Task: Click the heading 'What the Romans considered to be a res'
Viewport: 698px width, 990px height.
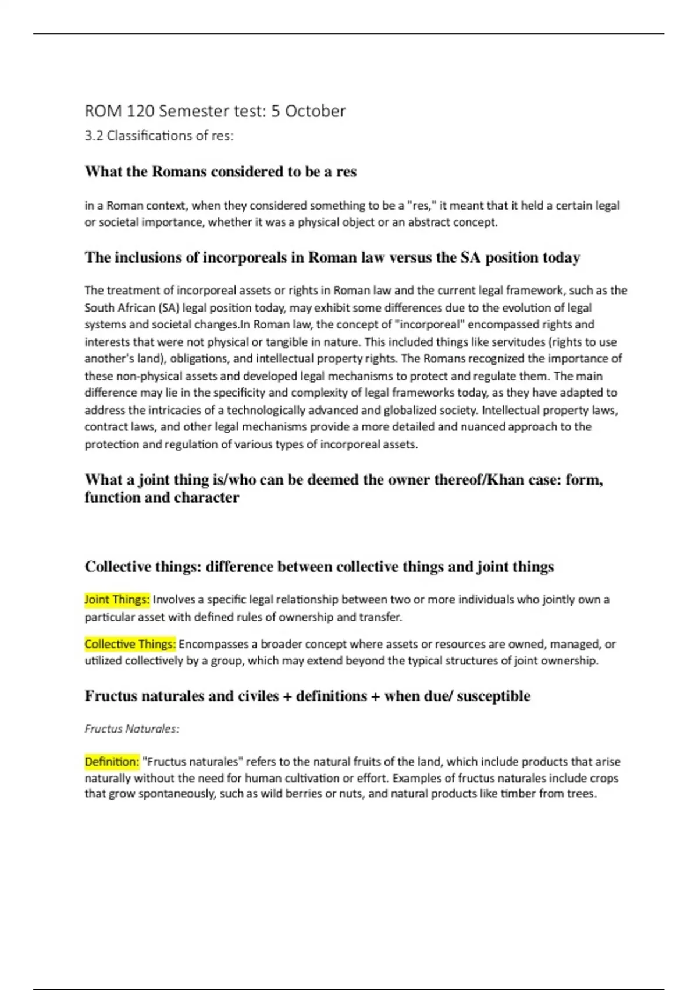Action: [220, 172]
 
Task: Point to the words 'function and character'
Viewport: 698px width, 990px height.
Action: [162, 497]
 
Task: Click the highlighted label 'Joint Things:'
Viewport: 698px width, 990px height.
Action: [117, 599]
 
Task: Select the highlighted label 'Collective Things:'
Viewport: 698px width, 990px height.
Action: [130, 644]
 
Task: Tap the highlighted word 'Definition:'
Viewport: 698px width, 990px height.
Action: [112, 762]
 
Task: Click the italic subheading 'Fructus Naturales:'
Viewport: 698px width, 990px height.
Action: [131, 729]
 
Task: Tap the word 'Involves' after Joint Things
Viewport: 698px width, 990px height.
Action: [174, 599]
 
